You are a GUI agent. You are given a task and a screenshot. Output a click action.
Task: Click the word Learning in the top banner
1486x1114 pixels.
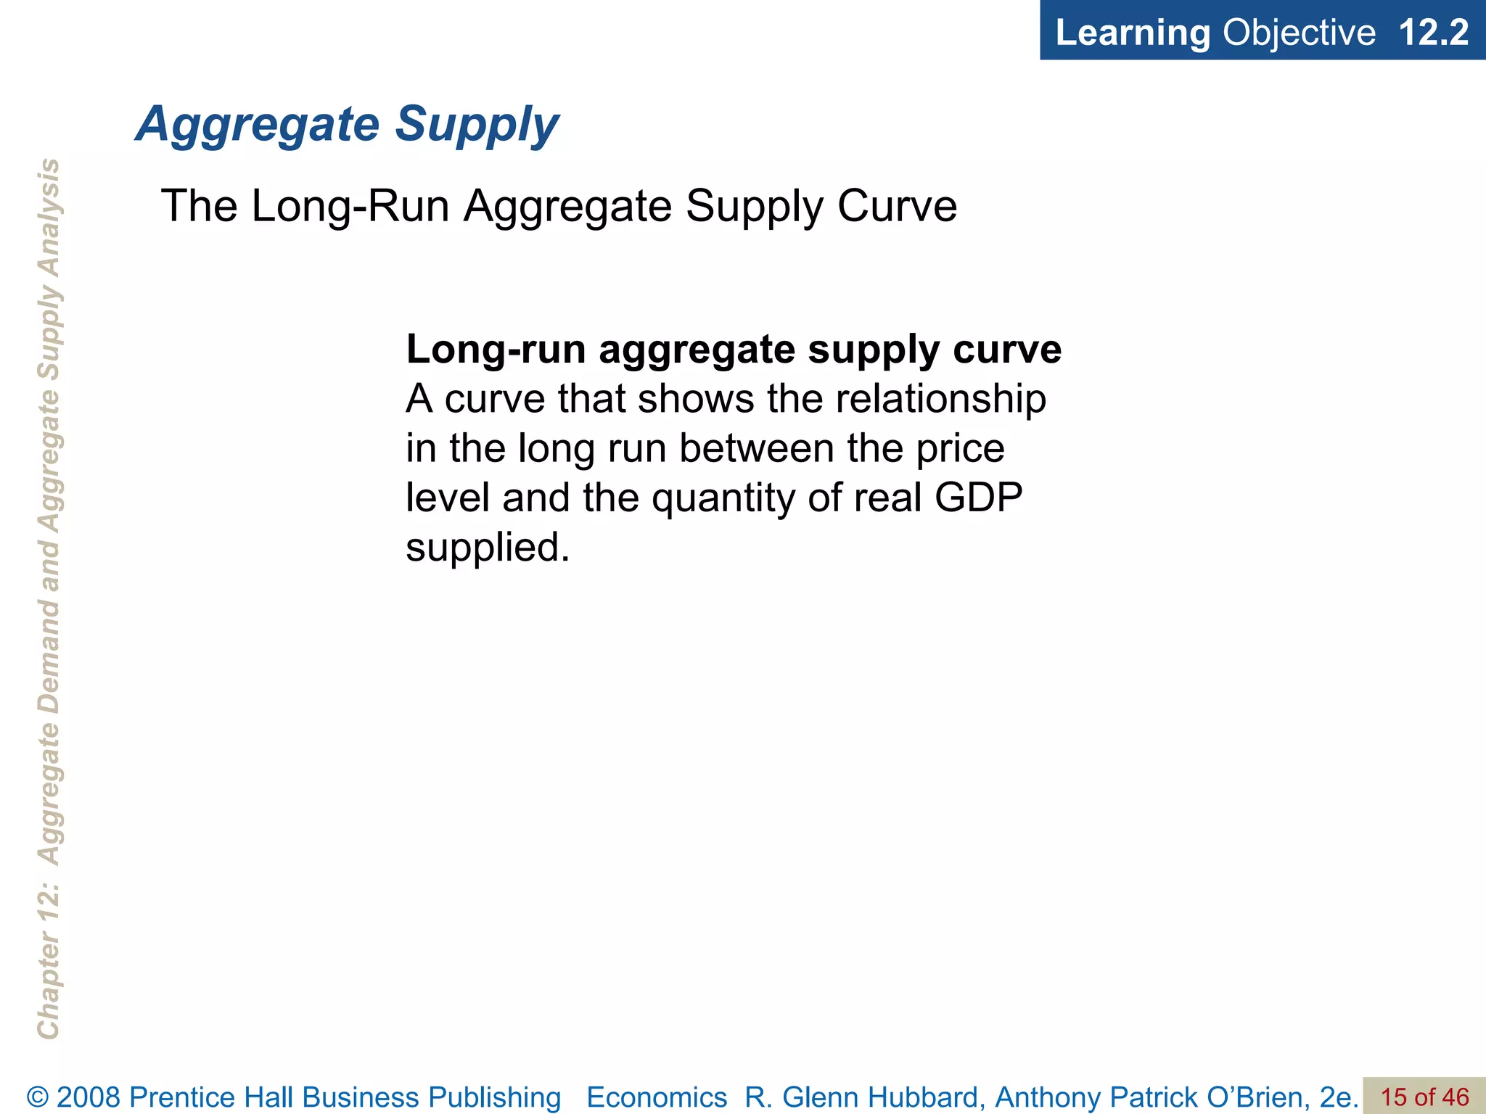point(1132,33)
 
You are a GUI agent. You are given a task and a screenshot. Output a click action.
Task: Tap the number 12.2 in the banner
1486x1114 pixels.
point(1433,33)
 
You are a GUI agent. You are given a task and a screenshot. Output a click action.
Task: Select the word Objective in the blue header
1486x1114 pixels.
point(1299,33)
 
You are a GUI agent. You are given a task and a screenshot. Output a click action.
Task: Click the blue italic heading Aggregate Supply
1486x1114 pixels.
point(347,124)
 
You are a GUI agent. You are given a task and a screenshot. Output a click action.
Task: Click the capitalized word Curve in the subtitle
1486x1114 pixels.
point(897,206)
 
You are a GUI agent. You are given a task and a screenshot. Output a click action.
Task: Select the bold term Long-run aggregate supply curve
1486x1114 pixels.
point(733,350)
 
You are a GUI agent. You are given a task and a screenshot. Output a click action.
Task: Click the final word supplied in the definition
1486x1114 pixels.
point(486,548)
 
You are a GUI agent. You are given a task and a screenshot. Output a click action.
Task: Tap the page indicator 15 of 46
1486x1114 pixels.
point(1424,1097)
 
